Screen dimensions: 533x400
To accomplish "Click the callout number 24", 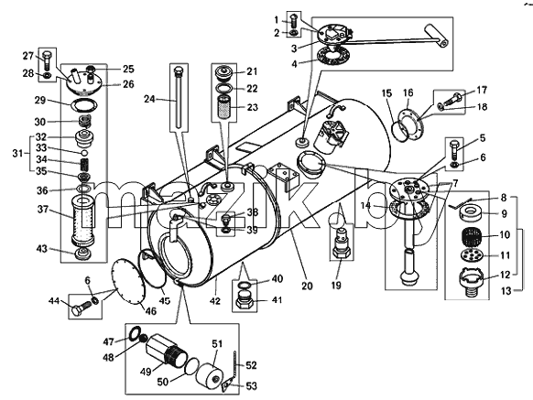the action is point(150,99).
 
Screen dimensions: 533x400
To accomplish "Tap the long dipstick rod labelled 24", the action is point(178,98).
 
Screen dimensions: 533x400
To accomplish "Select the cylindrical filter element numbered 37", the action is point(82,222).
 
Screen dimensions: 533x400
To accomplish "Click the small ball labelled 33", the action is point(84,152).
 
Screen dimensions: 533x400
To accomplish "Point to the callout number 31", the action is point(18,153).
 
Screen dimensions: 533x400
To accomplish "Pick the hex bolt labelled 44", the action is point(81,307).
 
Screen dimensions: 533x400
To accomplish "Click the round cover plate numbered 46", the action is point(129,281).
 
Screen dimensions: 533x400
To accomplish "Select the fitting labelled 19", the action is point(342,243).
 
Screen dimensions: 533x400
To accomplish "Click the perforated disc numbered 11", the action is point(470,255).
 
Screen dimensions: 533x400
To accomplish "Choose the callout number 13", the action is point(506,291).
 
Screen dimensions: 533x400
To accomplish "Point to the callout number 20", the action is point(307,286).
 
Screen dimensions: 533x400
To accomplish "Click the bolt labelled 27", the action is point(47,60).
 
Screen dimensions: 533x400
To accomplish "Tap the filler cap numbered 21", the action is point(224,74).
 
